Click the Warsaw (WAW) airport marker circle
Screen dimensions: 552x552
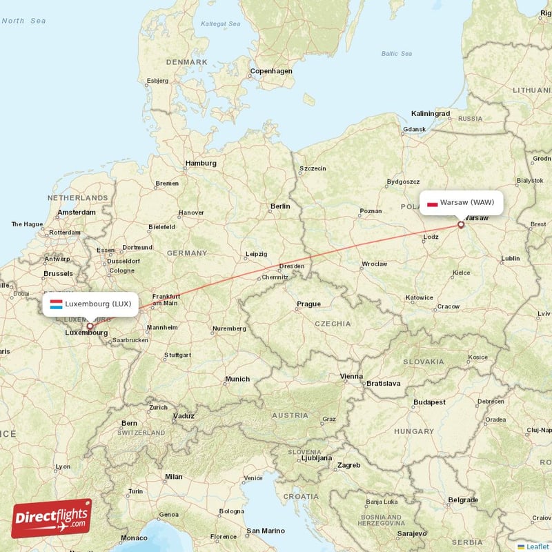(461, 224)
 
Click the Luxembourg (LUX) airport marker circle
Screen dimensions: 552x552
(89, 326)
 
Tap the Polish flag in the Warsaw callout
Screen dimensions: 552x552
(433, 203)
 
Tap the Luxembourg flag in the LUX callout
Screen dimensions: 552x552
(57, 304)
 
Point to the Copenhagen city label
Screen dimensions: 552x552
(271, 71)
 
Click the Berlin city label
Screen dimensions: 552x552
(280, 206)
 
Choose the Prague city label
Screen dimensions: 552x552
(308, 304)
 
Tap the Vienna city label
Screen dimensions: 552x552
(351, 376)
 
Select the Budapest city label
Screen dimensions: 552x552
(430, 402)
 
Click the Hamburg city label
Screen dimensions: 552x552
(200, 164)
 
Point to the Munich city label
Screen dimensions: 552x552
(237, 379)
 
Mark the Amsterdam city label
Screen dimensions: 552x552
(77, 213)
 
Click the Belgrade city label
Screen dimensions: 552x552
(462, 500)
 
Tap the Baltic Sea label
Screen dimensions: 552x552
(396, 54)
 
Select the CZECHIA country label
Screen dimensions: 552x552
(333, 324)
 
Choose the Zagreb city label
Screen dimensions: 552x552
(348, 465)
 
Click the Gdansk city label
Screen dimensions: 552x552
(415, 129)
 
